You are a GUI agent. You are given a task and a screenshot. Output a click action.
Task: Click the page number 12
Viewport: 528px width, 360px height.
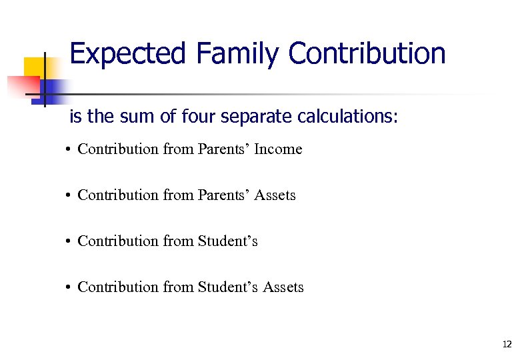pos(507,344)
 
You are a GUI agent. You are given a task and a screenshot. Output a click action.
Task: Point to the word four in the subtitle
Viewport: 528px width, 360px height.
pos(193,117)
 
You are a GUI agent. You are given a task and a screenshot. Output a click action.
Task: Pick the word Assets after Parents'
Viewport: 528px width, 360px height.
pos(275,195)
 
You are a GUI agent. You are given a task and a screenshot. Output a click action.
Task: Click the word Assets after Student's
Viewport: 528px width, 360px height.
pos(283,287)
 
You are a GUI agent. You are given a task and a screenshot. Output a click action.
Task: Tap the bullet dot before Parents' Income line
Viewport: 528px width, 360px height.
pos(69,150)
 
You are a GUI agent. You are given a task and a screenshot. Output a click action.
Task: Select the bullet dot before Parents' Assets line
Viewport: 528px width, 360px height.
pos(69,196)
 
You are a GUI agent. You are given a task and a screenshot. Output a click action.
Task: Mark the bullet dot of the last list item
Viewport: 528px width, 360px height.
pos(69,288)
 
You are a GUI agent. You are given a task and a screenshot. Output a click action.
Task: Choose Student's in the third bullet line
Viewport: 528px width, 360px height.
pos(227,241)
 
